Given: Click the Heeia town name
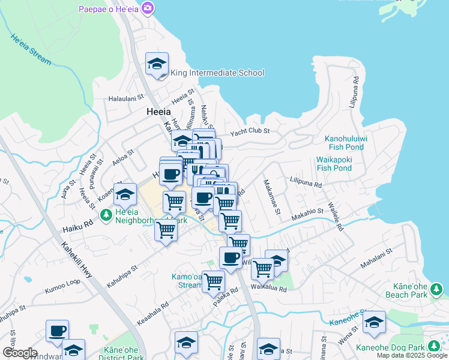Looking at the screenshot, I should pos(158,112).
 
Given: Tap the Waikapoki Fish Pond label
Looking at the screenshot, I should pos(334,164).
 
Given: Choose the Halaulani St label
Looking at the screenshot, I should pos(126,97).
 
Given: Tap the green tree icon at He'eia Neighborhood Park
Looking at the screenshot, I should pos(106,214).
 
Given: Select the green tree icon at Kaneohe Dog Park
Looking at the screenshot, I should pos(433,347).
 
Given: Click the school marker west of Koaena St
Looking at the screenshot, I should pos(125,194).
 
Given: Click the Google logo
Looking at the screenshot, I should pos(19,353).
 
